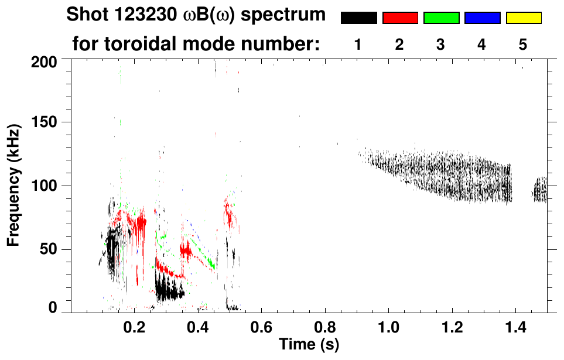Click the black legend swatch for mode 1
[358, 18]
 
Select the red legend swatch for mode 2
[400, 18]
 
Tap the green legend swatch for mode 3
[441, 18]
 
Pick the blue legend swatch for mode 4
[482, 18]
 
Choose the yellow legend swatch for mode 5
[524, 18]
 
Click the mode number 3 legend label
[441, 44]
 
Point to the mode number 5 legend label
[523, 44]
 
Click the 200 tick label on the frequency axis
[44, 61]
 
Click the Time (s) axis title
[309, 344]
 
